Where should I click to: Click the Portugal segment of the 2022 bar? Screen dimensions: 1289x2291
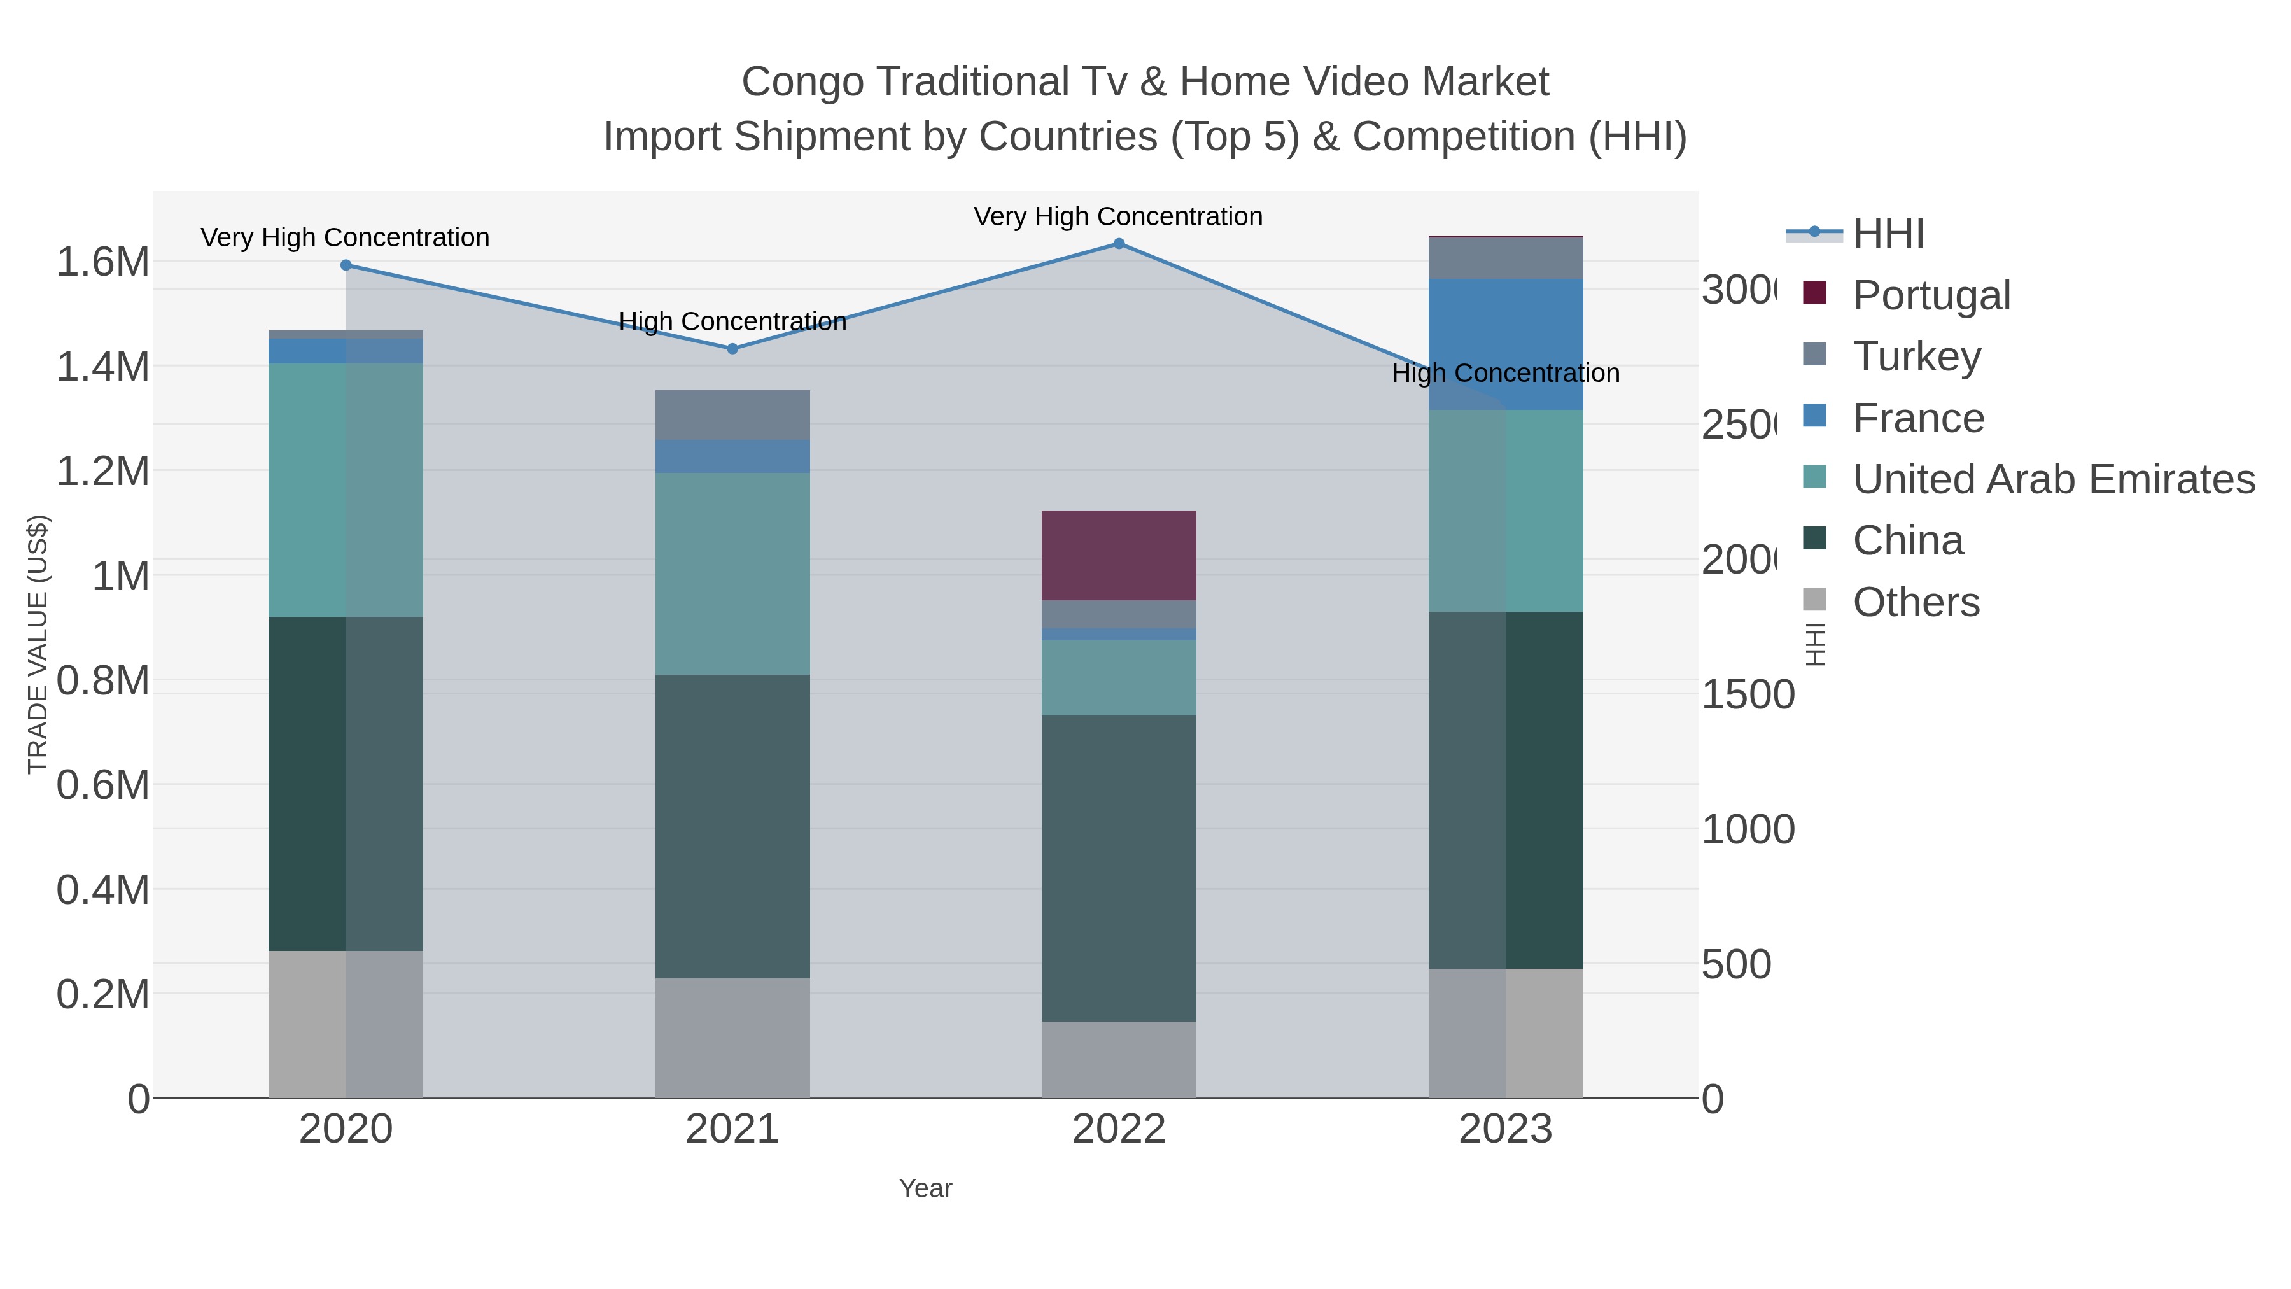pos(1118,555)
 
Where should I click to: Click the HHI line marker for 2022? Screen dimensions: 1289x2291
pos(1119,244)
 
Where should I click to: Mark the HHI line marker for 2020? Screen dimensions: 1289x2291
pos(346,265)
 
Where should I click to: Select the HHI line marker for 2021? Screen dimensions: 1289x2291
pos(733,349)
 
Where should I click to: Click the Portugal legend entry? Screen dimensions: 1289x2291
pos(1931,295)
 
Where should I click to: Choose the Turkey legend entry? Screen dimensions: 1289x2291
pos(1917,356)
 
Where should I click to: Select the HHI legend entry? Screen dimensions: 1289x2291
pos(1888,234)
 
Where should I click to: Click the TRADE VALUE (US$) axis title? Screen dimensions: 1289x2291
pos(38,644)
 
